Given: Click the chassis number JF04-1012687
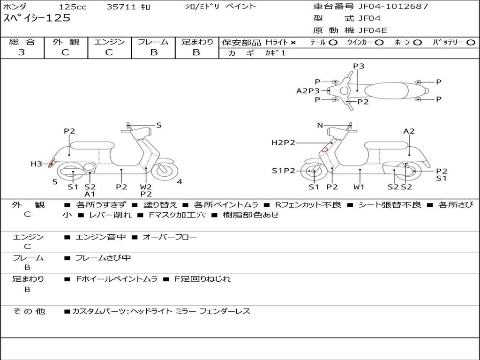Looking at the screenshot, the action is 393,6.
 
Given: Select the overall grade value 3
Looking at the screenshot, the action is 22,52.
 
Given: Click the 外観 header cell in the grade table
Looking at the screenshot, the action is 66,42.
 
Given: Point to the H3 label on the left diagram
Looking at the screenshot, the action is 36,164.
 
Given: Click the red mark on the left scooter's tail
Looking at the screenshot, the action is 52,163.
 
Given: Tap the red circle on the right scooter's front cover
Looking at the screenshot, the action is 324,150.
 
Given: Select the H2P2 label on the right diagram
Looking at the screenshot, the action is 283,142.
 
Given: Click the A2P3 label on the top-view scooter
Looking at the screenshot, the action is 307,90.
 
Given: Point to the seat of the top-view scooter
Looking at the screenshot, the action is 386,90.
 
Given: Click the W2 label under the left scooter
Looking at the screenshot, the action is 146,187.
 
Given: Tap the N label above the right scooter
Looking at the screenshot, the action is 320,125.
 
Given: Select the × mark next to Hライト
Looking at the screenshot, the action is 293,43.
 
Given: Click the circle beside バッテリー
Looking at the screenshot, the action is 471,43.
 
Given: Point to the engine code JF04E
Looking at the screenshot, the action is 373,30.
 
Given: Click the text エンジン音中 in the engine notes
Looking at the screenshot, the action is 100,237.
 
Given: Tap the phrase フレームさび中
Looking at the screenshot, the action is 103,258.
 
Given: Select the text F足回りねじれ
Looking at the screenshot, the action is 202,279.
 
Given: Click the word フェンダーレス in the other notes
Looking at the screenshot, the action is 225,311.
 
